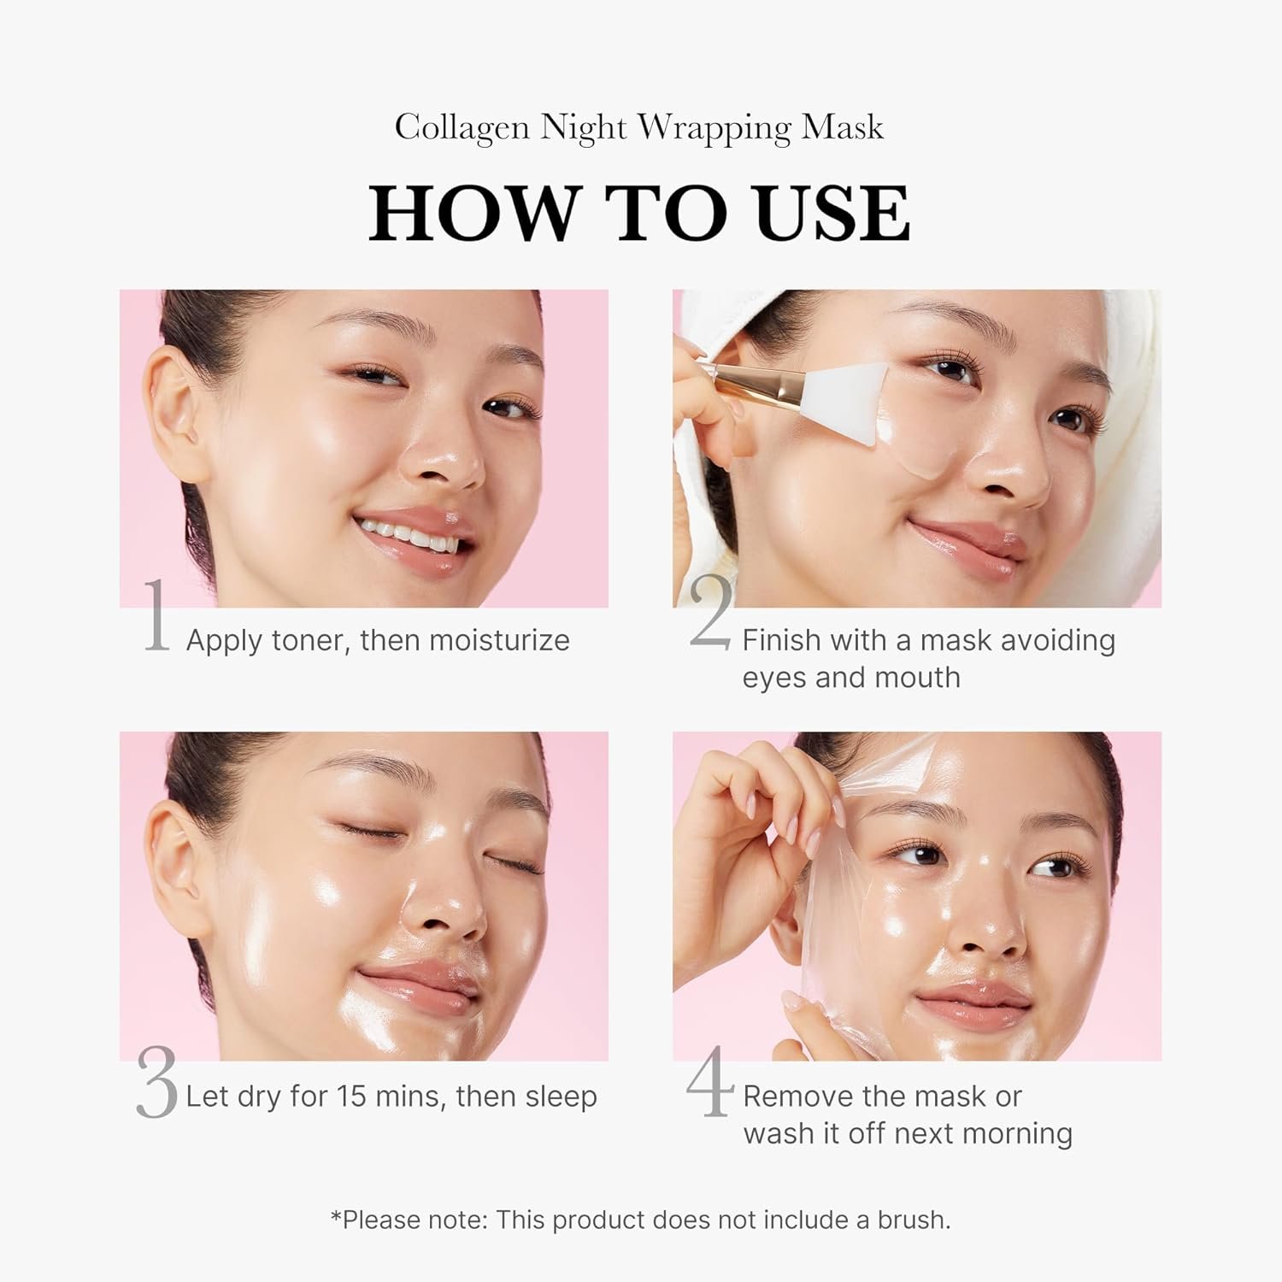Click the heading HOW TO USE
tap(639, 213)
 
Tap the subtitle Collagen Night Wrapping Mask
tap(639, 128)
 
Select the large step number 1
tap(156, 616)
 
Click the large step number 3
tap(156, 1085)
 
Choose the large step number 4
tap(709, 1082)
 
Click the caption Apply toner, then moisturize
tap(378, 640)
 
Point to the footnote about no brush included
tap(640, 1220)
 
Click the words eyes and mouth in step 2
tap(851, 678)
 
